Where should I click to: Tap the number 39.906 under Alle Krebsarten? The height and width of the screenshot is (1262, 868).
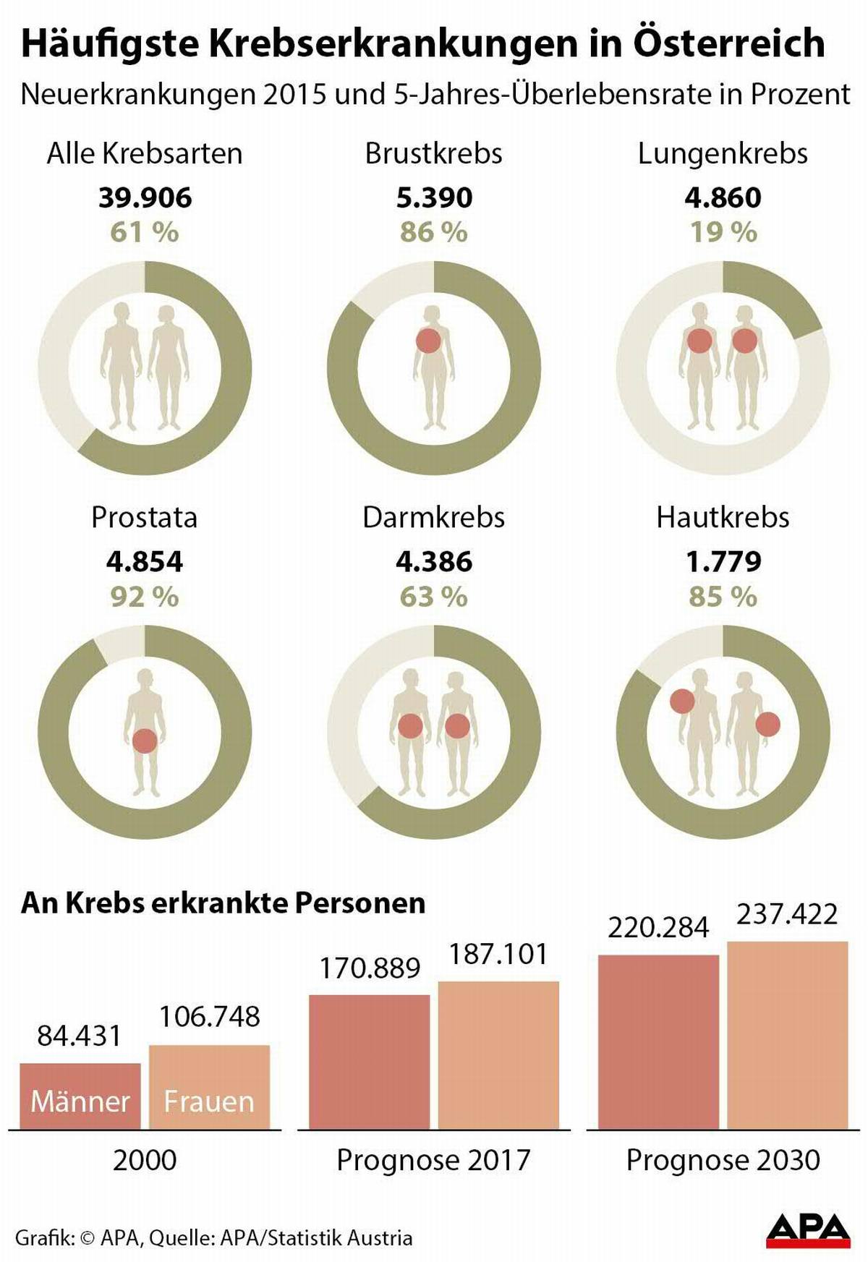[145, 197]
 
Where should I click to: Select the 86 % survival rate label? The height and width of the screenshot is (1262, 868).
[433, 232]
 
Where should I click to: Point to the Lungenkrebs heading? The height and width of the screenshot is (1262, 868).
[723, 153]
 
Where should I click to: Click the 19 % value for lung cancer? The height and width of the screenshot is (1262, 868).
[723, 232]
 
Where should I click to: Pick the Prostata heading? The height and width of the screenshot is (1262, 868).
[144, 518]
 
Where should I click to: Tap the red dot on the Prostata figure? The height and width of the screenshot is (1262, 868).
[145, 741]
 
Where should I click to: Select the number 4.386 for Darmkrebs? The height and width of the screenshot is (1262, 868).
[433, 562]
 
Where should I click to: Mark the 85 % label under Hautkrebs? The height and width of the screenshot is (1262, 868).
[723, 597]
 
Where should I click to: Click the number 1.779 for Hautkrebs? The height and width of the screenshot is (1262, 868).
[723, 562]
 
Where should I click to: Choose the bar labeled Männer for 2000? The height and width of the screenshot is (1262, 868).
[80, 1096]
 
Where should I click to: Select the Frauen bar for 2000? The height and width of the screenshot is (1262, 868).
[209, 1087]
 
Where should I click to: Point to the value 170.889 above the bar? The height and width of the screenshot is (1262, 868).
[370, 968]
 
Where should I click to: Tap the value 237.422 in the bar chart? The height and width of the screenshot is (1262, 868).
[787, 914]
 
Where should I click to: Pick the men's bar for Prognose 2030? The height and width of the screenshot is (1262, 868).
[658, 1041]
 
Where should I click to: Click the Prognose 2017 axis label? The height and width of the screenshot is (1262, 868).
[433, 1160]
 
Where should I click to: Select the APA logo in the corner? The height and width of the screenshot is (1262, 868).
[808, 1230]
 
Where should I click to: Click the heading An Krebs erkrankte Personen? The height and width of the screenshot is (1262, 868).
[223, 903]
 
